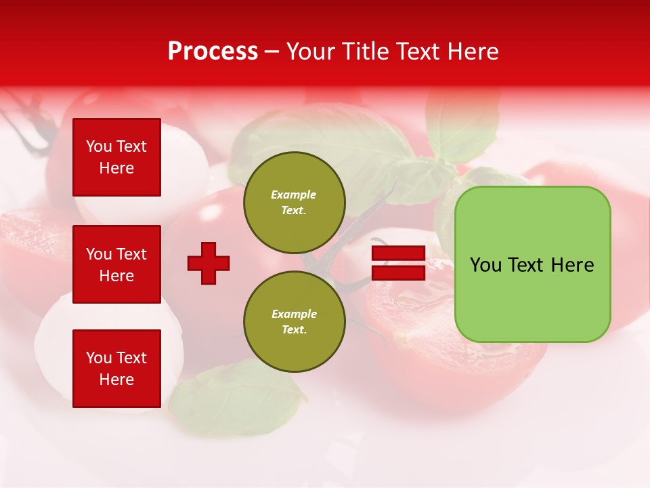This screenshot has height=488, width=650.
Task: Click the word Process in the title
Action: pos(213,52)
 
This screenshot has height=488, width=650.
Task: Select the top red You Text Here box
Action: pos(116,157)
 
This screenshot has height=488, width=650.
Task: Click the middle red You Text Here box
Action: pos(116,264)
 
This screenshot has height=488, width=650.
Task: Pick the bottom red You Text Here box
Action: pos(116,368)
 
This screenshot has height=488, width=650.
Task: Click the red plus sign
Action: pos(209,263)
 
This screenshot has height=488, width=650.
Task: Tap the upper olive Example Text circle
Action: pos(294,202)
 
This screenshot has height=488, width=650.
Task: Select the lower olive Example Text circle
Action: pos(294,321)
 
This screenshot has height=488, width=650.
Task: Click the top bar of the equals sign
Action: pos(398,253)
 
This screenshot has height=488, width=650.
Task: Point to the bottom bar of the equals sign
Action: pos(398,273)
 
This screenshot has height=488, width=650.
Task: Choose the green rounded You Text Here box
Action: pos(532,264)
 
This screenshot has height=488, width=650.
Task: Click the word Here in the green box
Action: pos(572,265)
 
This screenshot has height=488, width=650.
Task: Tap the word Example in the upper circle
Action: pos(294,195)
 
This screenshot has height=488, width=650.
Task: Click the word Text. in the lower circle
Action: pos(294,329)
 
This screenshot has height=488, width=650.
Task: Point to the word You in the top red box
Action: pos(99,146)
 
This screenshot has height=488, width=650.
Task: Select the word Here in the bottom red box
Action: pos(116,380)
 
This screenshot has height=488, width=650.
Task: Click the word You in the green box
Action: pos(485,265)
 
